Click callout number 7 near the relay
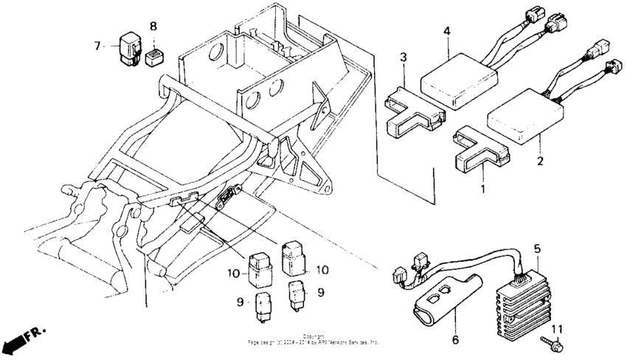[x=97, y=46]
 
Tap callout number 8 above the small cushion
[x=153, y=27]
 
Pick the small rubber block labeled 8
[x=155, y=56]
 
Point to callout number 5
[x=537, y=249]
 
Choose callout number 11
[x=558, y=328]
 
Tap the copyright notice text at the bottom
[x=313, y=340]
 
